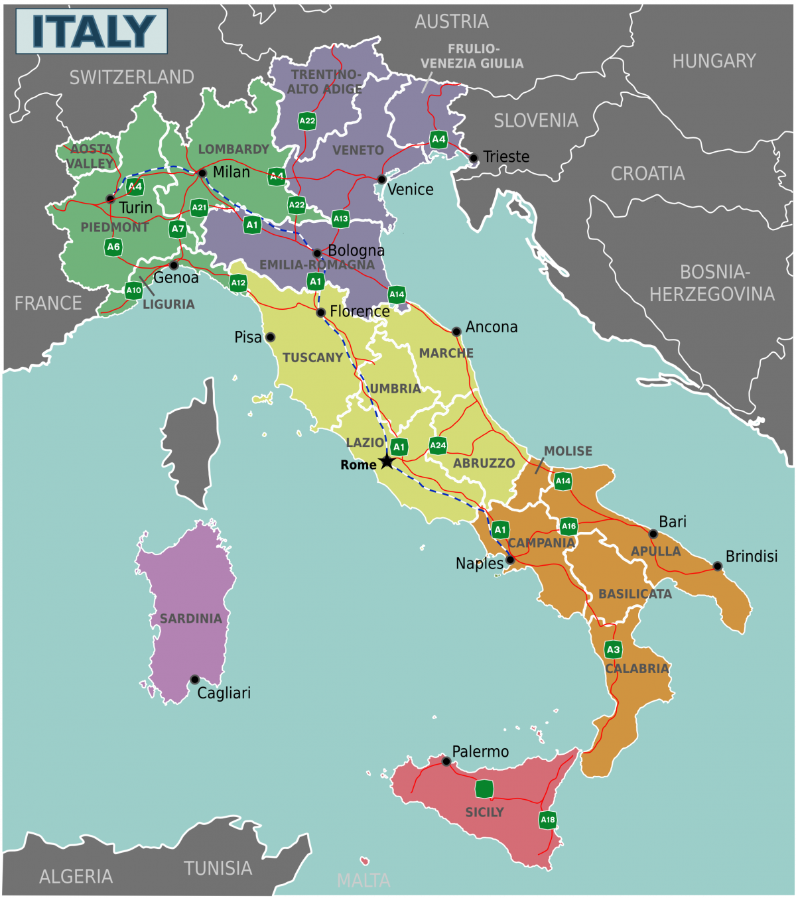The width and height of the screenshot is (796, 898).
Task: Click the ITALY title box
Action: [x=92, y=31]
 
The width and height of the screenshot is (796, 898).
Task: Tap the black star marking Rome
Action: [x=387, y=461]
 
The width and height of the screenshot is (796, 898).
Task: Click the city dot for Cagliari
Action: [x=194, y=679]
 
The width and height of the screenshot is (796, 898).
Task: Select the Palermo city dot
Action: [x=446, y=761]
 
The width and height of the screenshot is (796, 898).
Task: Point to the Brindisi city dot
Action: [x=717, y=566]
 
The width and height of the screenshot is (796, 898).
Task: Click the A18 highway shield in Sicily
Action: [x=547, y=820]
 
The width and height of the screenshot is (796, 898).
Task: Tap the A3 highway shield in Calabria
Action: [x=613, y=649]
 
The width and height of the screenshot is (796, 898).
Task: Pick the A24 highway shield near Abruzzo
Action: [x=438, y=445]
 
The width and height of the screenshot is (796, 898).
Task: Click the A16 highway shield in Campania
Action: [x=568, y=526]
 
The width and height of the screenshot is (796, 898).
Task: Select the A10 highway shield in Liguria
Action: [x=133, y=290]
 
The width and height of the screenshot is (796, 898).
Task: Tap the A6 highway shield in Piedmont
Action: [x=113, y=247]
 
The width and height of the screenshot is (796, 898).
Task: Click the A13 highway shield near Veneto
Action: [x=340, y=218]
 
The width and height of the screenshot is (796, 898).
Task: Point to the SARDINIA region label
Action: [x=190, y=618]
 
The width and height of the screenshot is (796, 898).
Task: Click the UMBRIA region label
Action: [x=395, y=389]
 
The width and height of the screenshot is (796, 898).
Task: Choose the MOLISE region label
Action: [x=568, y=451]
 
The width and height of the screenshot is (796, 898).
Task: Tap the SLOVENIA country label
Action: [x=535, y=120]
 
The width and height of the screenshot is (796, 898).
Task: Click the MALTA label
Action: [x=364, y=880]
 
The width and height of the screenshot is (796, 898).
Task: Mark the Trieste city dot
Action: [x=473, y=158]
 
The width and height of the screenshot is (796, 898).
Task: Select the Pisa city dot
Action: [x=270, y=337]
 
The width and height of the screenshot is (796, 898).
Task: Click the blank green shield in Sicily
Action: [x=484, y=789]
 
